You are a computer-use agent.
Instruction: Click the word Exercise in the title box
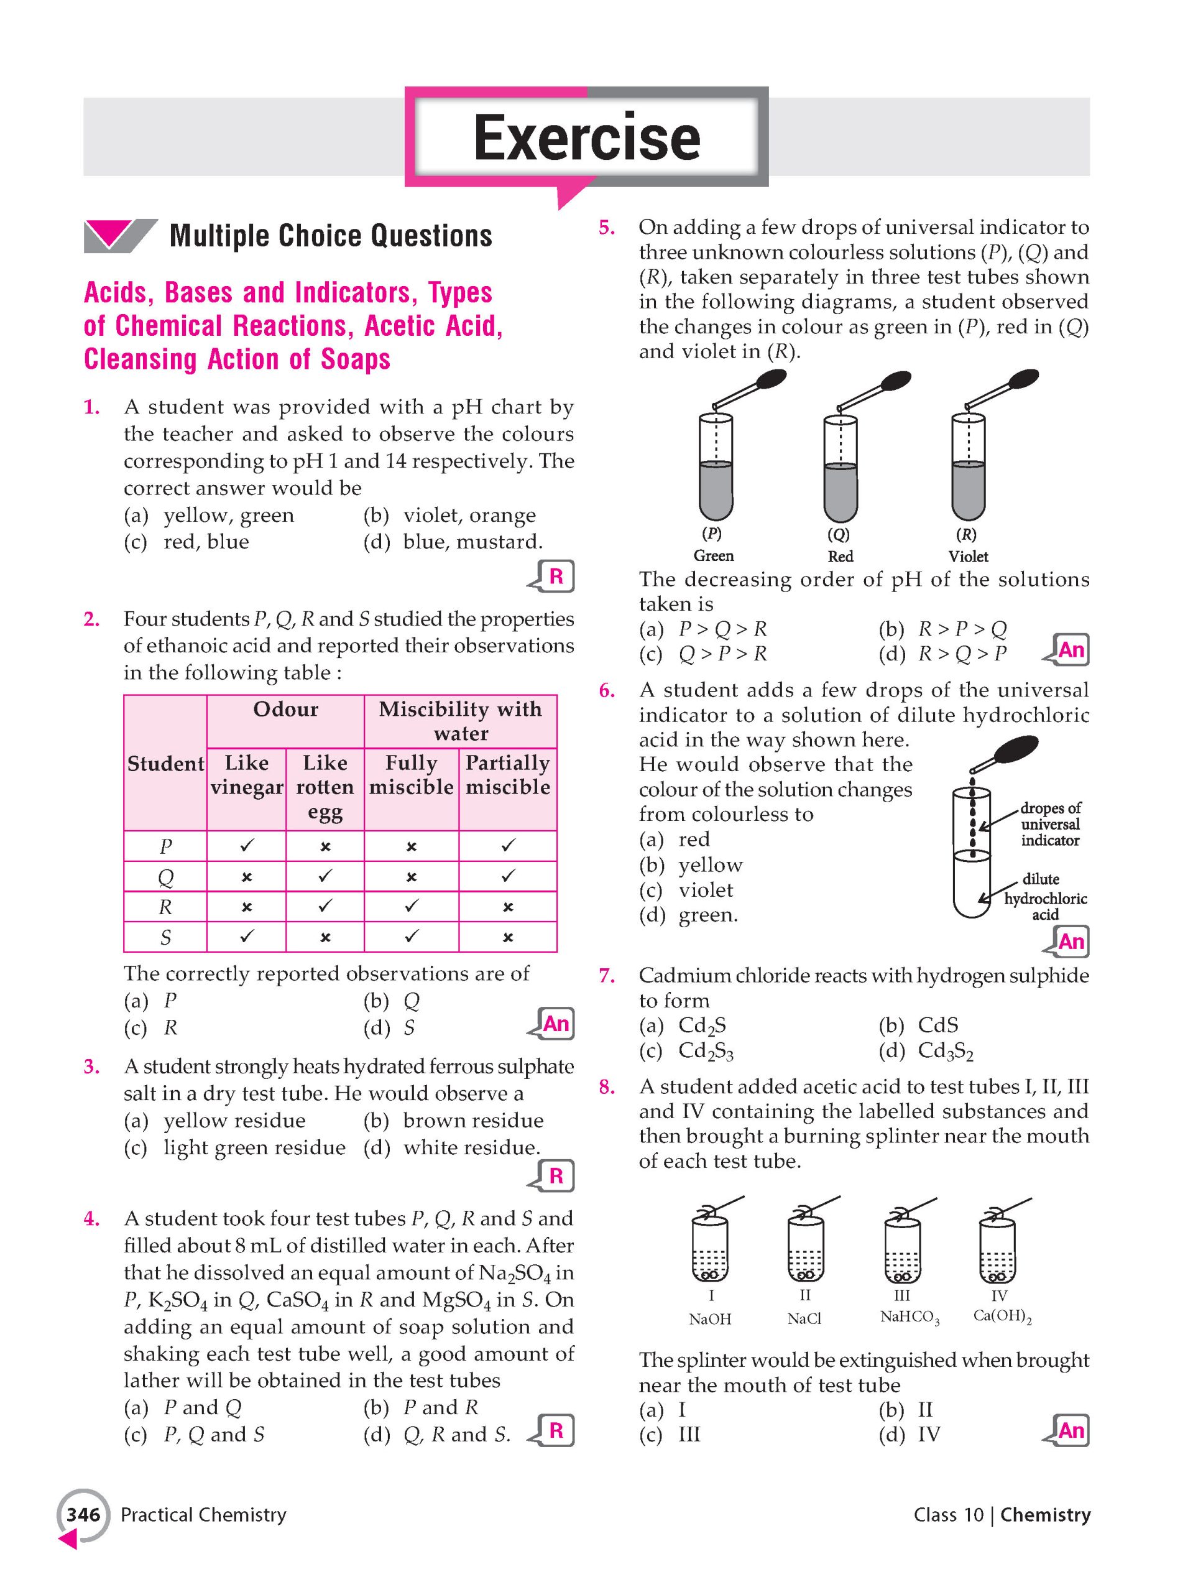[x=586, y=137]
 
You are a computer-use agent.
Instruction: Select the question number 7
[x=607, y=976]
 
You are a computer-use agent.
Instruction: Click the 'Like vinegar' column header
[x=246, y=774]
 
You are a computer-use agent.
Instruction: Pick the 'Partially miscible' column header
[x=507, y=774]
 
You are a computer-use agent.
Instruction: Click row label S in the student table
[x=165, y=937]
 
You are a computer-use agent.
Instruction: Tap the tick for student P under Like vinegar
[x=246, y=846]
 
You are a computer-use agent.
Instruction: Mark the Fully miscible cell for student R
[x=411, y=907]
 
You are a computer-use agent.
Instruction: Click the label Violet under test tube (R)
[x=968, y=557]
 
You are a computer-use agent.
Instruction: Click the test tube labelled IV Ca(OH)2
[x=997, y=1248]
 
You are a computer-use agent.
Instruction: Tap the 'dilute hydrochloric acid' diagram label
[x=1045, y=897]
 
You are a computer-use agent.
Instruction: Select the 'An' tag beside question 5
[x=1070, y=650]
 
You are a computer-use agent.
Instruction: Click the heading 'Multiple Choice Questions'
[x=330, y=236]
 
